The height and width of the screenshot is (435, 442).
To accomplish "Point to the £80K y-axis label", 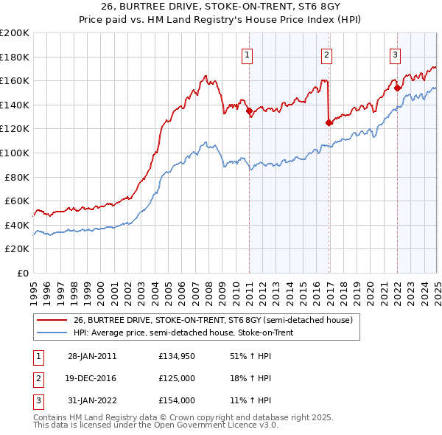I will (x=17, y=177).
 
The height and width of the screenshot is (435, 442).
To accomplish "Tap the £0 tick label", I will (x=23, y=273).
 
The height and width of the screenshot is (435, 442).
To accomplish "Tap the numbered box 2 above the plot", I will (x=326, y=54).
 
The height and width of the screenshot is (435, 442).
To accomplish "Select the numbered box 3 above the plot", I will (x=395, y=54).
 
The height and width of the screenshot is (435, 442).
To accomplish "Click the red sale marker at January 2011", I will (x=249, y=111).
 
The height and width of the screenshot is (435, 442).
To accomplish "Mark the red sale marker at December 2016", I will (x=329, y=123).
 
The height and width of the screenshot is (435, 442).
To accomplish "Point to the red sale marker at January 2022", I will (x=398, y=88).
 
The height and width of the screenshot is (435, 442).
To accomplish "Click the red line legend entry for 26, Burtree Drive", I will (x=214, y=320).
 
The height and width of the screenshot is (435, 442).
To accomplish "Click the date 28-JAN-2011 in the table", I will (x=92, y=356).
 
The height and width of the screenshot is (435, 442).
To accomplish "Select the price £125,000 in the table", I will (x=177, y=378).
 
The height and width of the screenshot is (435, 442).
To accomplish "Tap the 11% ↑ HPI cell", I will (x=250, y=400).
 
